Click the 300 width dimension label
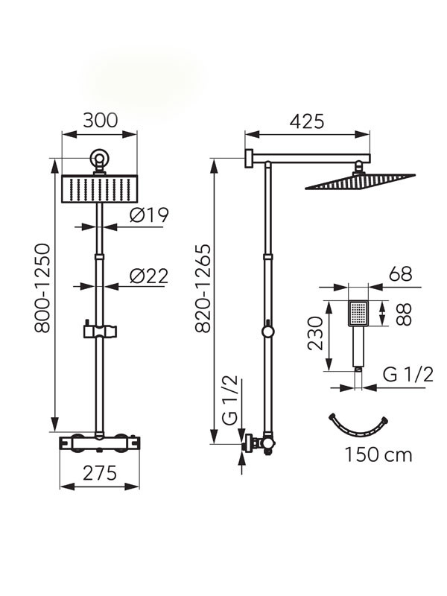pos(101,121)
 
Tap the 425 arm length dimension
pos(307,121)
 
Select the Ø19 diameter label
pos(148,215)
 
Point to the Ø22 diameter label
pos(148,276)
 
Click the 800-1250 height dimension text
pos(42,288)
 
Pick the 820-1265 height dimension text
pos(203,288)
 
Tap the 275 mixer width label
pos(100,473)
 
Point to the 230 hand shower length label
pos(315,333)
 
